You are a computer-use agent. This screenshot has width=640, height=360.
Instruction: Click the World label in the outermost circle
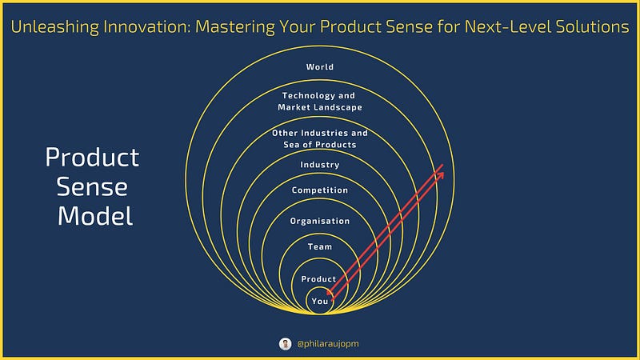(x=319, y=67)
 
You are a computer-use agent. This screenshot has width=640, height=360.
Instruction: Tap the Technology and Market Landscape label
(x=319, y=102)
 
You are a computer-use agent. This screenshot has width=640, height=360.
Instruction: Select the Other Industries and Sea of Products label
(x=319, y=138)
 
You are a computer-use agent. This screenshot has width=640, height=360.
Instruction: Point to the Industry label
(x=319, y=165)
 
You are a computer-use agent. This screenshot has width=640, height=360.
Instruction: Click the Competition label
(x=319, y=190)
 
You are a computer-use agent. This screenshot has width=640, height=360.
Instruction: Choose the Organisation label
(x=319, y=221)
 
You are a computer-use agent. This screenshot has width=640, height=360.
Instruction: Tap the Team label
(x=319, y=246)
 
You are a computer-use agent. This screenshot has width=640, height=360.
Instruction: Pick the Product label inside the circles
(x=318, y=278)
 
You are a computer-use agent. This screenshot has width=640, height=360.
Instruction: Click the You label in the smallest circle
(x=319, y=302)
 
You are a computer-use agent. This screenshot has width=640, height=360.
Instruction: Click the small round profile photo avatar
(x=286, y=344)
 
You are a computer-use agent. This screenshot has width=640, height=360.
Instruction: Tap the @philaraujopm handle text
(x=328, y=344)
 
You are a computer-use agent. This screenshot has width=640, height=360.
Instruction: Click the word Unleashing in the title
(x=54, y=27)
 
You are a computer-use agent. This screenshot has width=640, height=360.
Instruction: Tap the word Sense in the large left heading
(x=92, y=187)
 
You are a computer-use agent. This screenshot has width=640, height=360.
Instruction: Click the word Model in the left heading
(x=95, y=215)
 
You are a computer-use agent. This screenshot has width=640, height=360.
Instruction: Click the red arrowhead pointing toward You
(x=330, y=292)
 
